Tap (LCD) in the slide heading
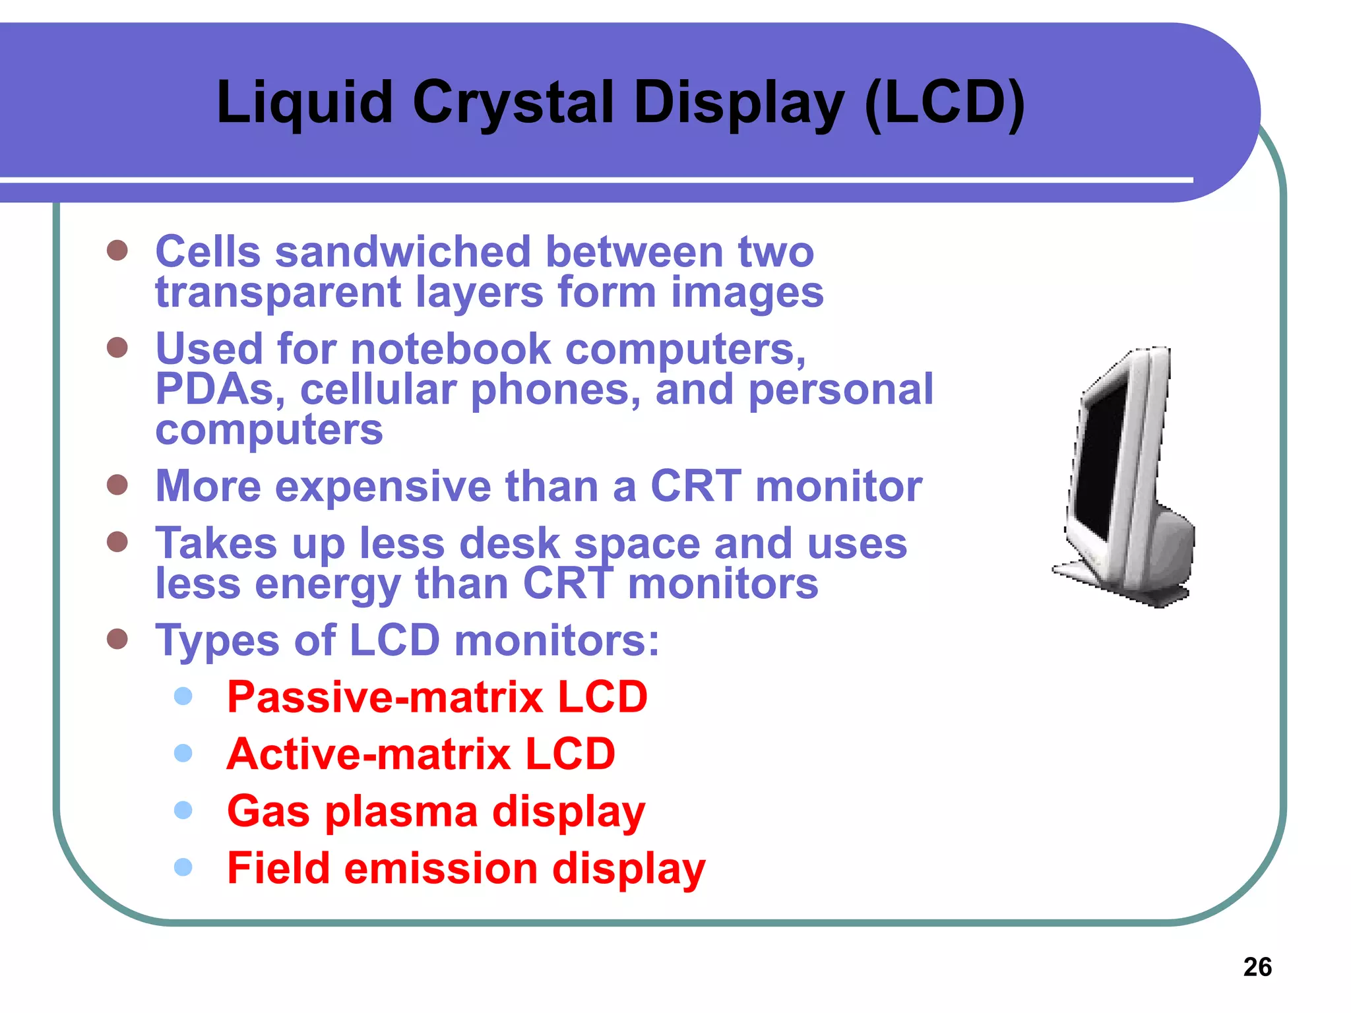pyautogui.click(x=944, y=103)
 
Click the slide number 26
pyautogui.click(x=1257, y=967)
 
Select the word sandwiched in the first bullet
pyautogui.click(x=402, y=252)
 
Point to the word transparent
pyautogui.click(x=278, y=293)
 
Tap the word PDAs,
pyautogui.click(x=220, y=389)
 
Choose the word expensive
pyautogui.click(x=383, y=486)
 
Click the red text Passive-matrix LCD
pyautogui.click(x=437, y=697)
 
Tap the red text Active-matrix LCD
pyautogui.click(x=421, y=754)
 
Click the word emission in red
pyautogui.click(x=441, y=868)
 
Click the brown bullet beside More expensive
pyautogui.click(x=117, y=485)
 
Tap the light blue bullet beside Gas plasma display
pyautogui.click(x=183, y=810)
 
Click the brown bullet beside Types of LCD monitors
pyautogui.click(x=117, y=638)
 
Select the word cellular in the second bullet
pyautogui.click(x=378, y=389)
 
